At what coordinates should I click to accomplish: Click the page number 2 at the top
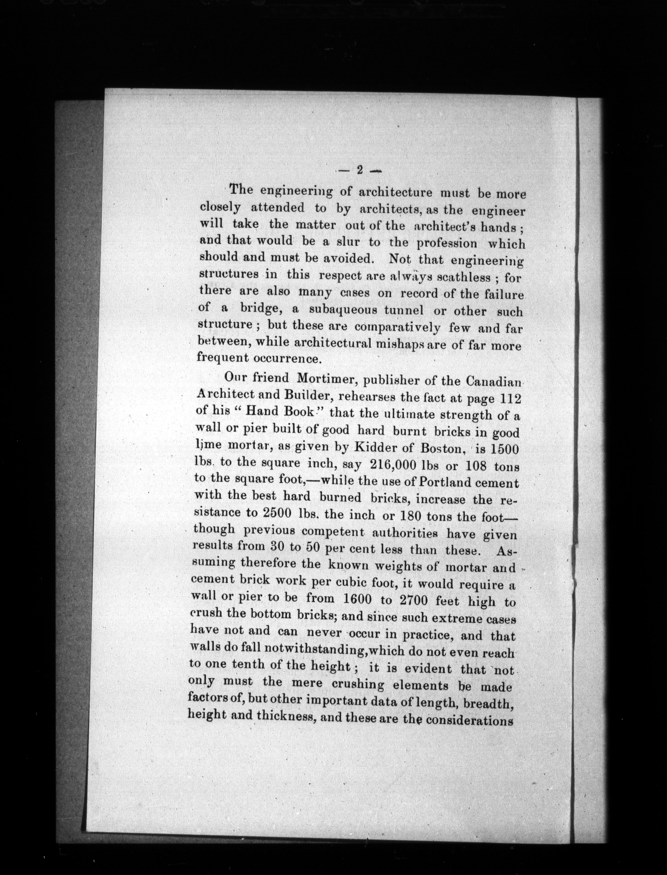[360, 170]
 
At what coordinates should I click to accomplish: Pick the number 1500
[504, 450]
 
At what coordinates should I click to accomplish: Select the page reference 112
[509, 399]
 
